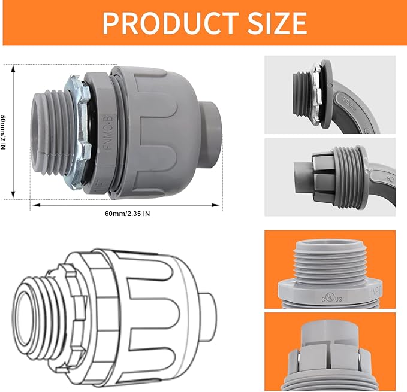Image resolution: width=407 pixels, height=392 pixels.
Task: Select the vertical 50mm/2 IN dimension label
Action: point(5,132)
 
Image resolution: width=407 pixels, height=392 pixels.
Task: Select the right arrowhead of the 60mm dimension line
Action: point(219,205)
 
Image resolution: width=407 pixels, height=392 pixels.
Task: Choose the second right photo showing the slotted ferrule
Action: point(330,177)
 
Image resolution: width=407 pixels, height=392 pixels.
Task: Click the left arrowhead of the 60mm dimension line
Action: point(34,205)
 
